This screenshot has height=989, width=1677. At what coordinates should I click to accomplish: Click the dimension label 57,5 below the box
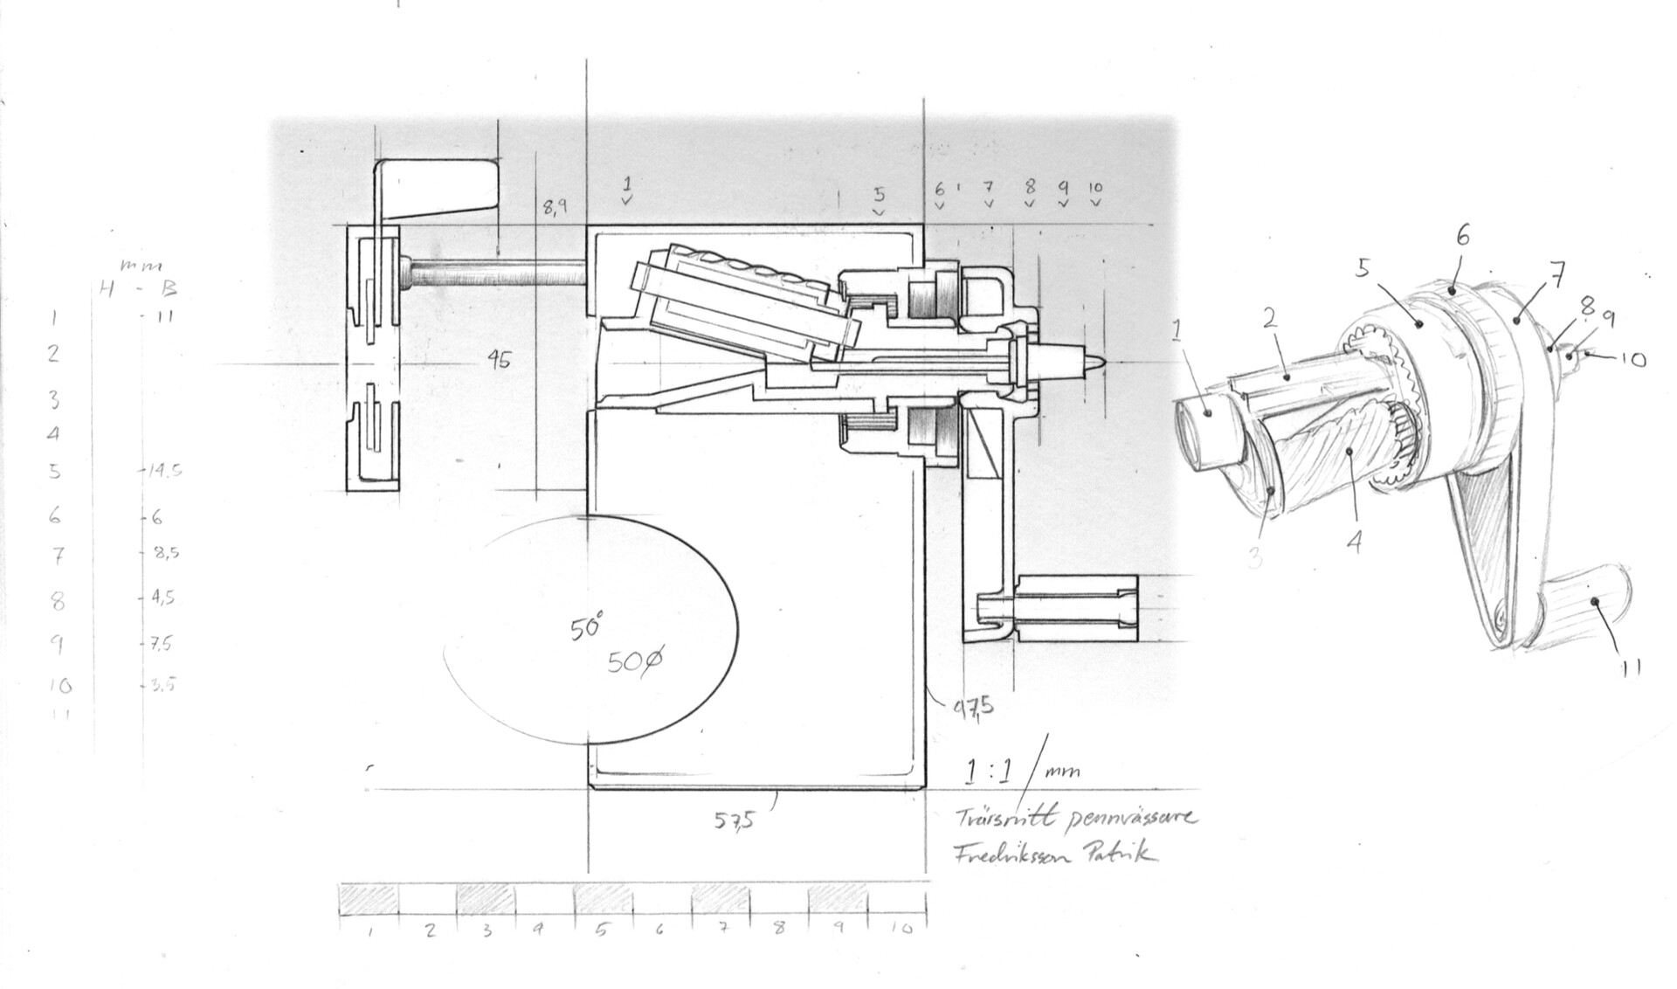pos(735,820)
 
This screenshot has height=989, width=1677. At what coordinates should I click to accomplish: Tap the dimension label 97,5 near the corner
pos(972,705)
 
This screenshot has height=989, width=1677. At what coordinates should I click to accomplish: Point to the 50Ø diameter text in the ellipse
pos(635,663)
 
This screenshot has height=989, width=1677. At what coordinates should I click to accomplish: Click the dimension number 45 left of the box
pos(499,359)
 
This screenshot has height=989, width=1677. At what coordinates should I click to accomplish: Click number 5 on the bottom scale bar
pos(602,930)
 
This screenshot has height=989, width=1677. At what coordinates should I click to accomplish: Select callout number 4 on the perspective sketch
pos(1355,542)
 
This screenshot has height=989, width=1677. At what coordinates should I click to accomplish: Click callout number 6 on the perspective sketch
pos(1463,236)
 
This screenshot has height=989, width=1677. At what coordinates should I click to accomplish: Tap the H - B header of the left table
pos(139,289)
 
